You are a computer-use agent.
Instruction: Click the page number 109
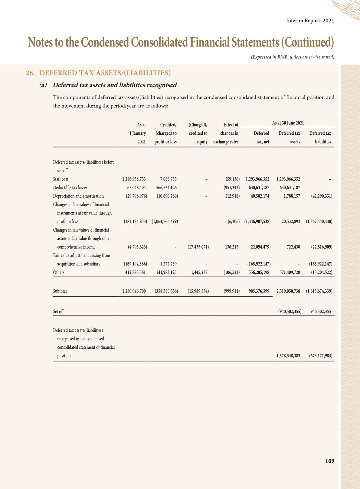pyautogui.click(x=330, y=461)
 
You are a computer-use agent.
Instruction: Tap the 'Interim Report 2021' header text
pyautogui.click(x=310, y=21)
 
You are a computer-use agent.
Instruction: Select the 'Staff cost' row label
pyautogui.click(x=61, y=179)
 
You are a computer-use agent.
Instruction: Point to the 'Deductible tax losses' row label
pyautogui.click(x=70, y=187)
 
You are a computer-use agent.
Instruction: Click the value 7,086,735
pyautogui.click(x=168, y=179)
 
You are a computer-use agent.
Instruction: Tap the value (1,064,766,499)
pyautogui.click(x=165, y=221)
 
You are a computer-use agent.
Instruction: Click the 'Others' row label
pyautogui.click(x=59, y=272)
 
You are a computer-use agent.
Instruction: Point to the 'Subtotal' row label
pyautogui.click(x=60, y=291)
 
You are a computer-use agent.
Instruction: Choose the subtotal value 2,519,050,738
pyautogui.click(x=288, y=291)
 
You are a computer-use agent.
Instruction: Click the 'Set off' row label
pyautogui.click(x=58, y=311)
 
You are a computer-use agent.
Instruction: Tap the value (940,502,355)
pyautogui.click(x=290, y=311)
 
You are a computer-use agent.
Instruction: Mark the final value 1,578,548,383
pyautogui.click(x=288, y=356)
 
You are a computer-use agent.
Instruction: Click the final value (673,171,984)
pyautogui.click(x=321, y=356)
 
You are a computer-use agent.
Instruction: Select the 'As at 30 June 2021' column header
pyautogui.click(x=288, y=123)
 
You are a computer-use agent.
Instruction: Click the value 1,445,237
pyautogui.click(x=199, y=272)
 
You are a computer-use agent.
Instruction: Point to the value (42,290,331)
pyautogui.click(x=322, y=196)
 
